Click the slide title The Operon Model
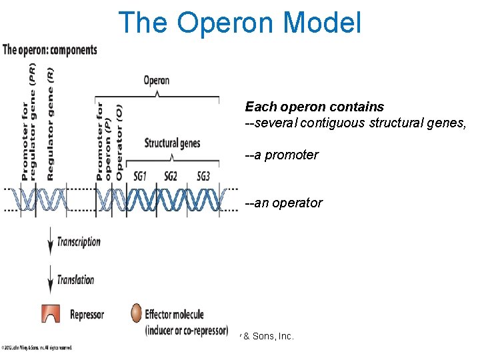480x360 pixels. click(x=239, y=22)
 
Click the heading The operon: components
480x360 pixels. click(x=50, y=50)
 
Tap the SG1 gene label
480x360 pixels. click(x=139, y=177)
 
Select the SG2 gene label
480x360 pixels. click(x=171, y=177)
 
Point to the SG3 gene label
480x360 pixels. click(x=203, y=177)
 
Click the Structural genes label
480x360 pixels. click(x=172, y=143)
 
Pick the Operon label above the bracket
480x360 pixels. click(x=157, y=81)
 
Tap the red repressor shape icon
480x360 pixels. click(x=50, y=313)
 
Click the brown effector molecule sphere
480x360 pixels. click(x=135, y=313)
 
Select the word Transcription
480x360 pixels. click(x=79, y=242)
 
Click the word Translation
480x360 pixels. click(x=75, y=280)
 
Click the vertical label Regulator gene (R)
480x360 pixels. click(x=51, y=124)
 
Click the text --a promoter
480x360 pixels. click(x=281, y=155)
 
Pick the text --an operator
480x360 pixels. click(x=284, y=203)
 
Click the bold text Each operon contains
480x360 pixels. click(x=314, y=107)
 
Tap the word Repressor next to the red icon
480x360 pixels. click(x=87, y=314)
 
